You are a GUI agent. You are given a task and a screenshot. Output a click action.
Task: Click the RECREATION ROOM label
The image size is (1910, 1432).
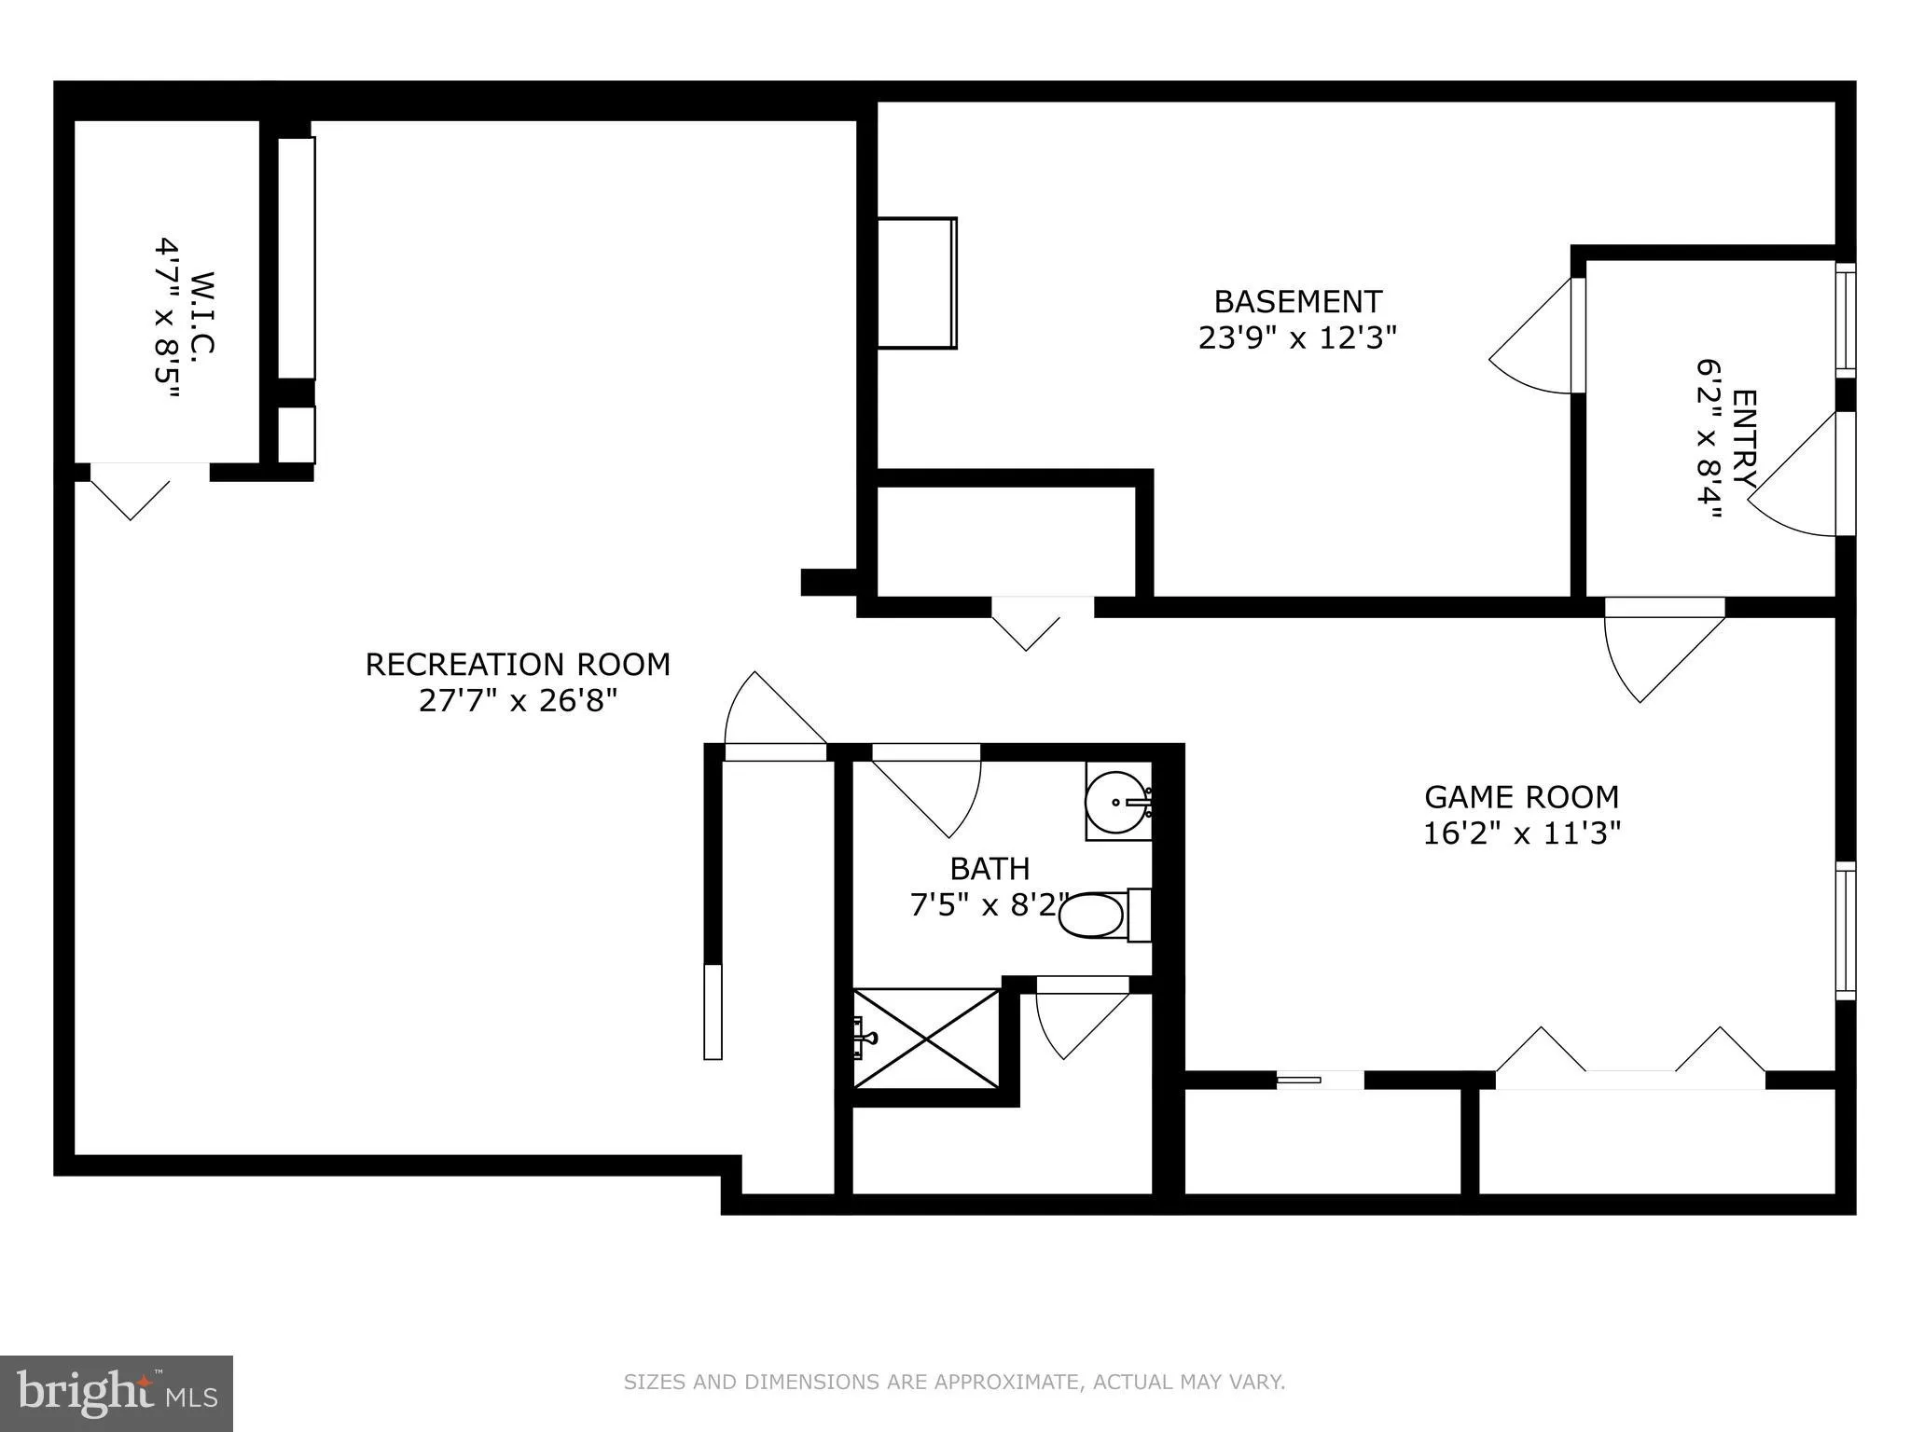click(x=518, y=664)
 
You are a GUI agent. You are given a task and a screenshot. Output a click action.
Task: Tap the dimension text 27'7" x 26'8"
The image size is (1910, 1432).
click(x=518, y=700)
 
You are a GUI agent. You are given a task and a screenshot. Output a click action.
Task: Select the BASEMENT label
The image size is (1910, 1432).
click(x=1297, y=301)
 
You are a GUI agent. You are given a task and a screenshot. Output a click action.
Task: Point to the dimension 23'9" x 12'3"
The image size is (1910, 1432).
click(x=1297, y=337)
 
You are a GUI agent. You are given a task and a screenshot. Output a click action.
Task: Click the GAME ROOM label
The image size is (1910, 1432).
click(x=1521, y=797)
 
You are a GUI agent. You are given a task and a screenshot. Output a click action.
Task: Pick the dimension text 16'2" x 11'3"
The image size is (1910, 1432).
click(x=1521, y=833)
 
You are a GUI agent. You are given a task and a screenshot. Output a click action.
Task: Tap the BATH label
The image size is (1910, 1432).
click(x=990, y=868)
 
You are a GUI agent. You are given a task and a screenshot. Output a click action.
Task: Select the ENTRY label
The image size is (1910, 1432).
click(x=1742, y=438)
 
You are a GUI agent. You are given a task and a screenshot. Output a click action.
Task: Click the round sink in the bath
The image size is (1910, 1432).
click(x=1117, y=801)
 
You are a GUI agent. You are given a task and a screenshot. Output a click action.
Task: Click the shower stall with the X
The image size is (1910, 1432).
click(x=926, y=1037)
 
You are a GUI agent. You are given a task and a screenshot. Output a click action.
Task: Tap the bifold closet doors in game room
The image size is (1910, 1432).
click(x=1629, y=1053)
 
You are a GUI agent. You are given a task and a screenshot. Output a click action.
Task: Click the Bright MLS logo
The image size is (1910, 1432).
click(x=116, y=1394)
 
